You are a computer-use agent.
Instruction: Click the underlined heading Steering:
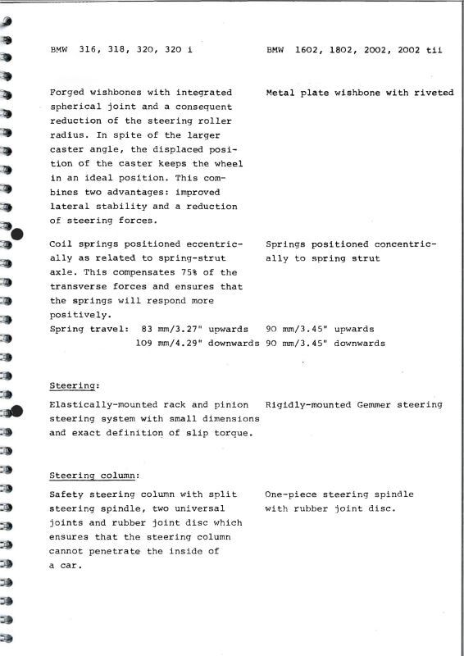tap(75, 385)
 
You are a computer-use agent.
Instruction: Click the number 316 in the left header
tap(88, 49)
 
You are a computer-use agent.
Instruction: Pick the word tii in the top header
tap(434, 49)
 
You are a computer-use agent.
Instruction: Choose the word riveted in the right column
tap(434, 93)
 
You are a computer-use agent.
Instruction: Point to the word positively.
tap(80, 314)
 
